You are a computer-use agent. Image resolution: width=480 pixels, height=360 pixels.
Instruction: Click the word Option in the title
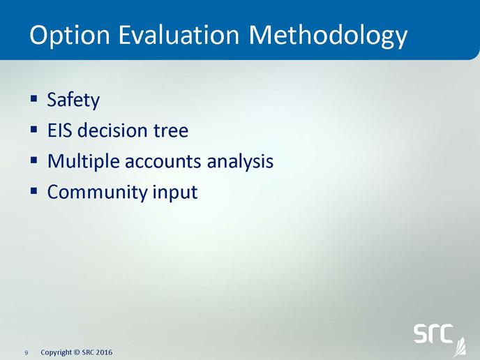70,35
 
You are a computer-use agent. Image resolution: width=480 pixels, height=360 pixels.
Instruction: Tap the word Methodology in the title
328,36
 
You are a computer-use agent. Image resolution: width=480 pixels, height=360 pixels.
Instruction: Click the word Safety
73,100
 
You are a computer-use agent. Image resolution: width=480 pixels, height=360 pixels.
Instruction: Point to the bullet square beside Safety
33,98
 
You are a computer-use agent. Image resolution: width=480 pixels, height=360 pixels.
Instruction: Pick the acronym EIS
60,130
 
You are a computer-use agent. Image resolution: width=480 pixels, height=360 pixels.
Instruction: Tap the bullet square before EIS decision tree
33,129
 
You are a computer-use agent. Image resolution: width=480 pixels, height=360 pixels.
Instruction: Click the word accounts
163,162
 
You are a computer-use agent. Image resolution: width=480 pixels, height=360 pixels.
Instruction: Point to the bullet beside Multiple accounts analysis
33,160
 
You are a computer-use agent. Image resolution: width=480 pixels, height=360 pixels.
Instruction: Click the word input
175,193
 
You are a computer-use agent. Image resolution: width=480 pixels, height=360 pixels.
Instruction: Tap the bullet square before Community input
33,191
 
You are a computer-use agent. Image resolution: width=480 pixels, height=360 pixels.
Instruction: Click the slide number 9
27,353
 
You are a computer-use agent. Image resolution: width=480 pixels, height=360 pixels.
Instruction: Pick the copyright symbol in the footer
77,352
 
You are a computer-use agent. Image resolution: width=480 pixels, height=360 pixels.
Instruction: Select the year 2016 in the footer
104,352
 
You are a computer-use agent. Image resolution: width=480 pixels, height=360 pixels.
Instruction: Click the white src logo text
433,333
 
